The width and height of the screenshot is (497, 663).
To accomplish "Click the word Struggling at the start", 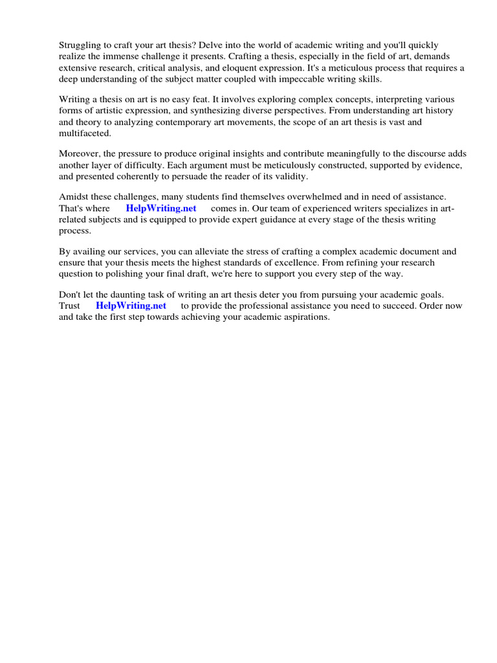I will (81, 45).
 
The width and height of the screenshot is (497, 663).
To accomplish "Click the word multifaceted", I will (85, 132).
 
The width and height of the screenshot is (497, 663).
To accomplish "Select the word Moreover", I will (79, 154).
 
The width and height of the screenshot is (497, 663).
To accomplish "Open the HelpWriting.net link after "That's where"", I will (161, 208).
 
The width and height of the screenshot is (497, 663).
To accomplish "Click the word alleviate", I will (199, 252).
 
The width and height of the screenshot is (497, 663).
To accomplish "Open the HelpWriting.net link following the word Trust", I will (131, 306).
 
